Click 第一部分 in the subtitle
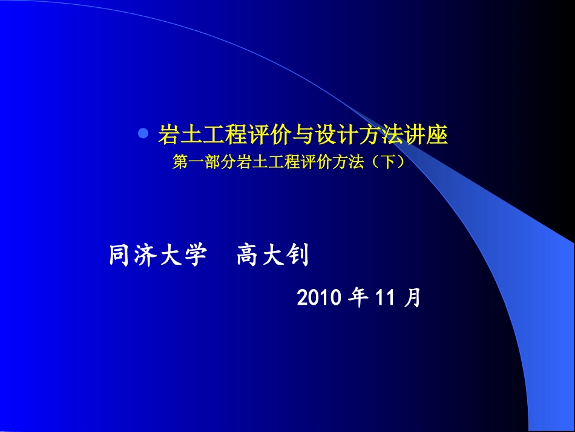(x=203, y=162)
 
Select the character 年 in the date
(x=360, y=297)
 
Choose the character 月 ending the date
(x=413, y=297)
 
